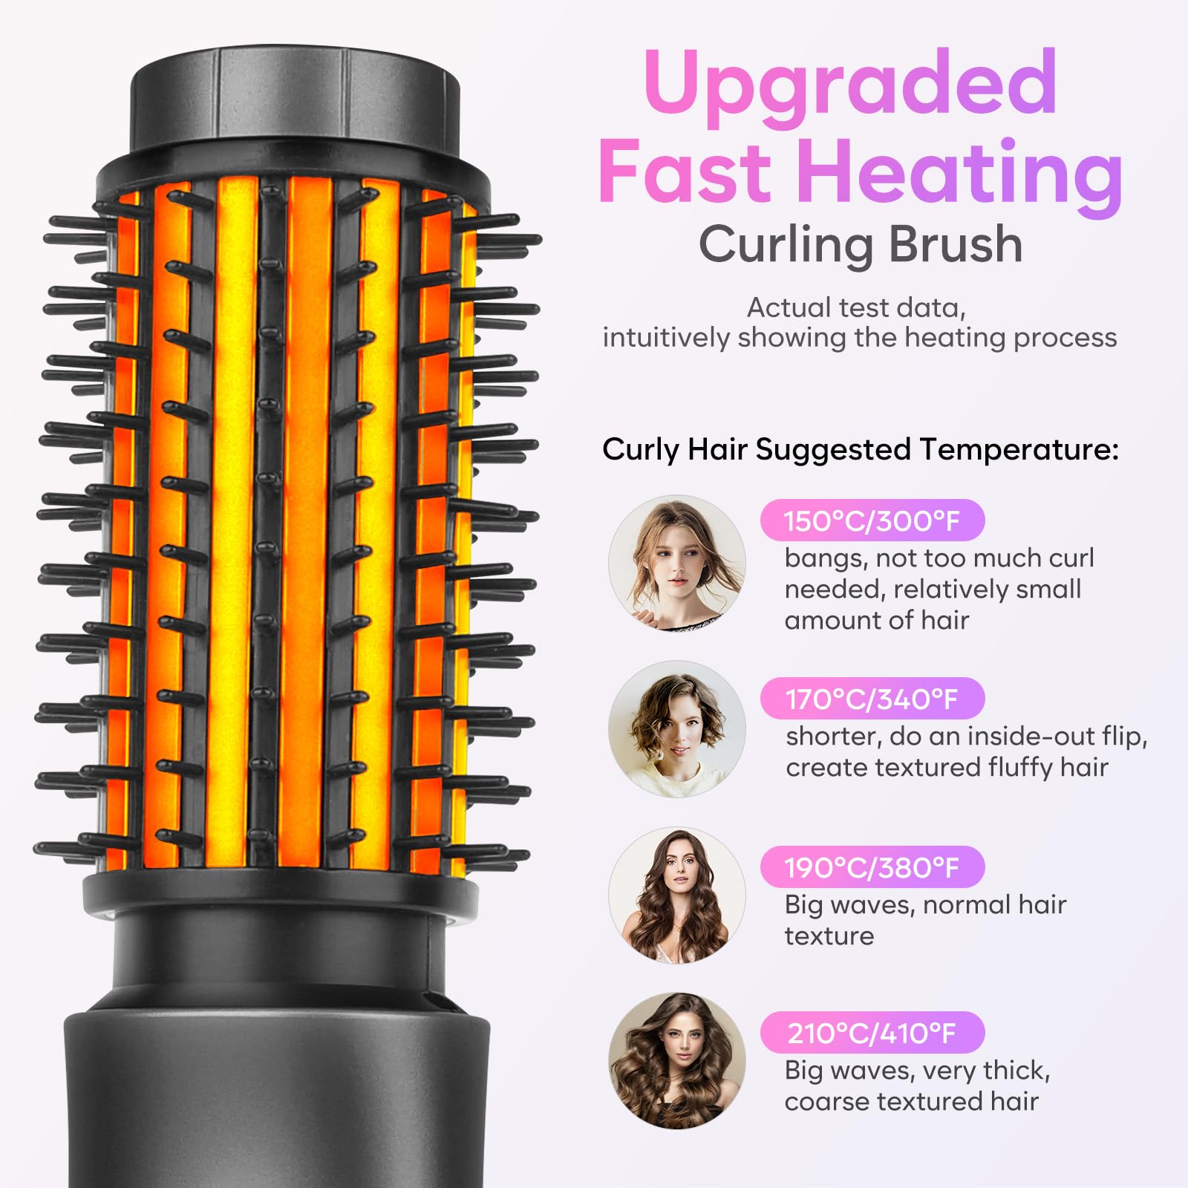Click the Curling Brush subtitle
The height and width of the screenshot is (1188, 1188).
point(860,244)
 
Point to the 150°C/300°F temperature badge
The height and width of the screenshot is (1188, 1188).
point(872,520)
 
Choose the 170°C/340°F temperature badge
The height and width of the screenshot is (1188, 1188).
point(872,699)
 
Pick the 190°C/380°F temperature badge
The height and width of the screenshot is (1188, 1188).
point(872,866)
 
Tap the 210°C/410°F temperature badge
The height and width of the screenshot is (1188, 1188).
point(872,1032)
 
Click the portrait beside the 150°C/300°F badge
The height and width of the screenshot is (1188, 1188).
point(676,564)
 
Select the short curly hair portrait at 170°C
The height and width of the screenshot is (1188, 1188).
point(676,729)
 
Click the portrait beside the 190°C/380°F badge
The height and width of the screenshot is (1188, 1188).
point(676,895)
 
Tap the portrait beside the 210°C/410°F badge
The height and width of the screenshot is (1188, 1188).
point(676,1060)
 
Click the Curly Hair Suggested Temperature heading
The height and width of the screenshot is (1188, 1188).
point(860,449)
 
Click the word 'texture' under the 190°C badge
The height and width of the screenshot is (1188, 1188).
point(829,936)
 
